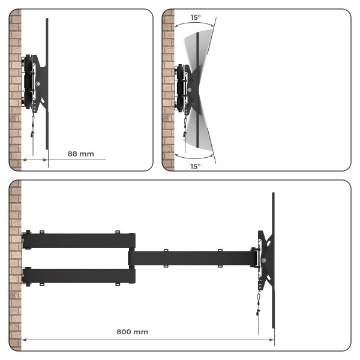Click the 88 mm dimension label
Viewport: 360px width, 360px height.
[81, 154]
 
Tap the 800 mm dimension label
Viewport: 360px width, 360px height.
[132, 332]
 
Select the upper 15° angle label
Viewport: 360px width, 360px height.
[196, 17]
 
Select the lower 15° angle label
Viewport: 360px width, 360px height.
[196, 166]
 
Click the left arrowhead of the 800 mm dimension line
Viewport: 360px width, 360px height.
[23, 340]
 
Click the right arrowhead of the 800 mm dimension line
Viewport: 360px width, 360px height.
[272, 340]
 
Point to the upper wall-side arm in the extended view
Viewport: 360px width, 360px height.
[79, 241]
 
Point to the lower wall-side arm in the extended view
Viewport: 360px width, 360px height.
[79, 276]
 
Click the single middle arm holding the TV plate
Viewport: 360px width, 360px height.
[193, 258]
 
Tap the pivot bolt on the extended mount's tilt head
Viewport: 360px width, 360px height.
[263, 260]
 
